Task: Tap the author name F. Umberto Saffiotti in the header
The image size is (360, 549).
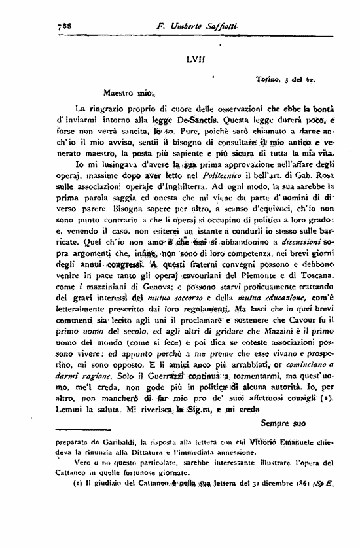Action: tap(194, 27)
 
